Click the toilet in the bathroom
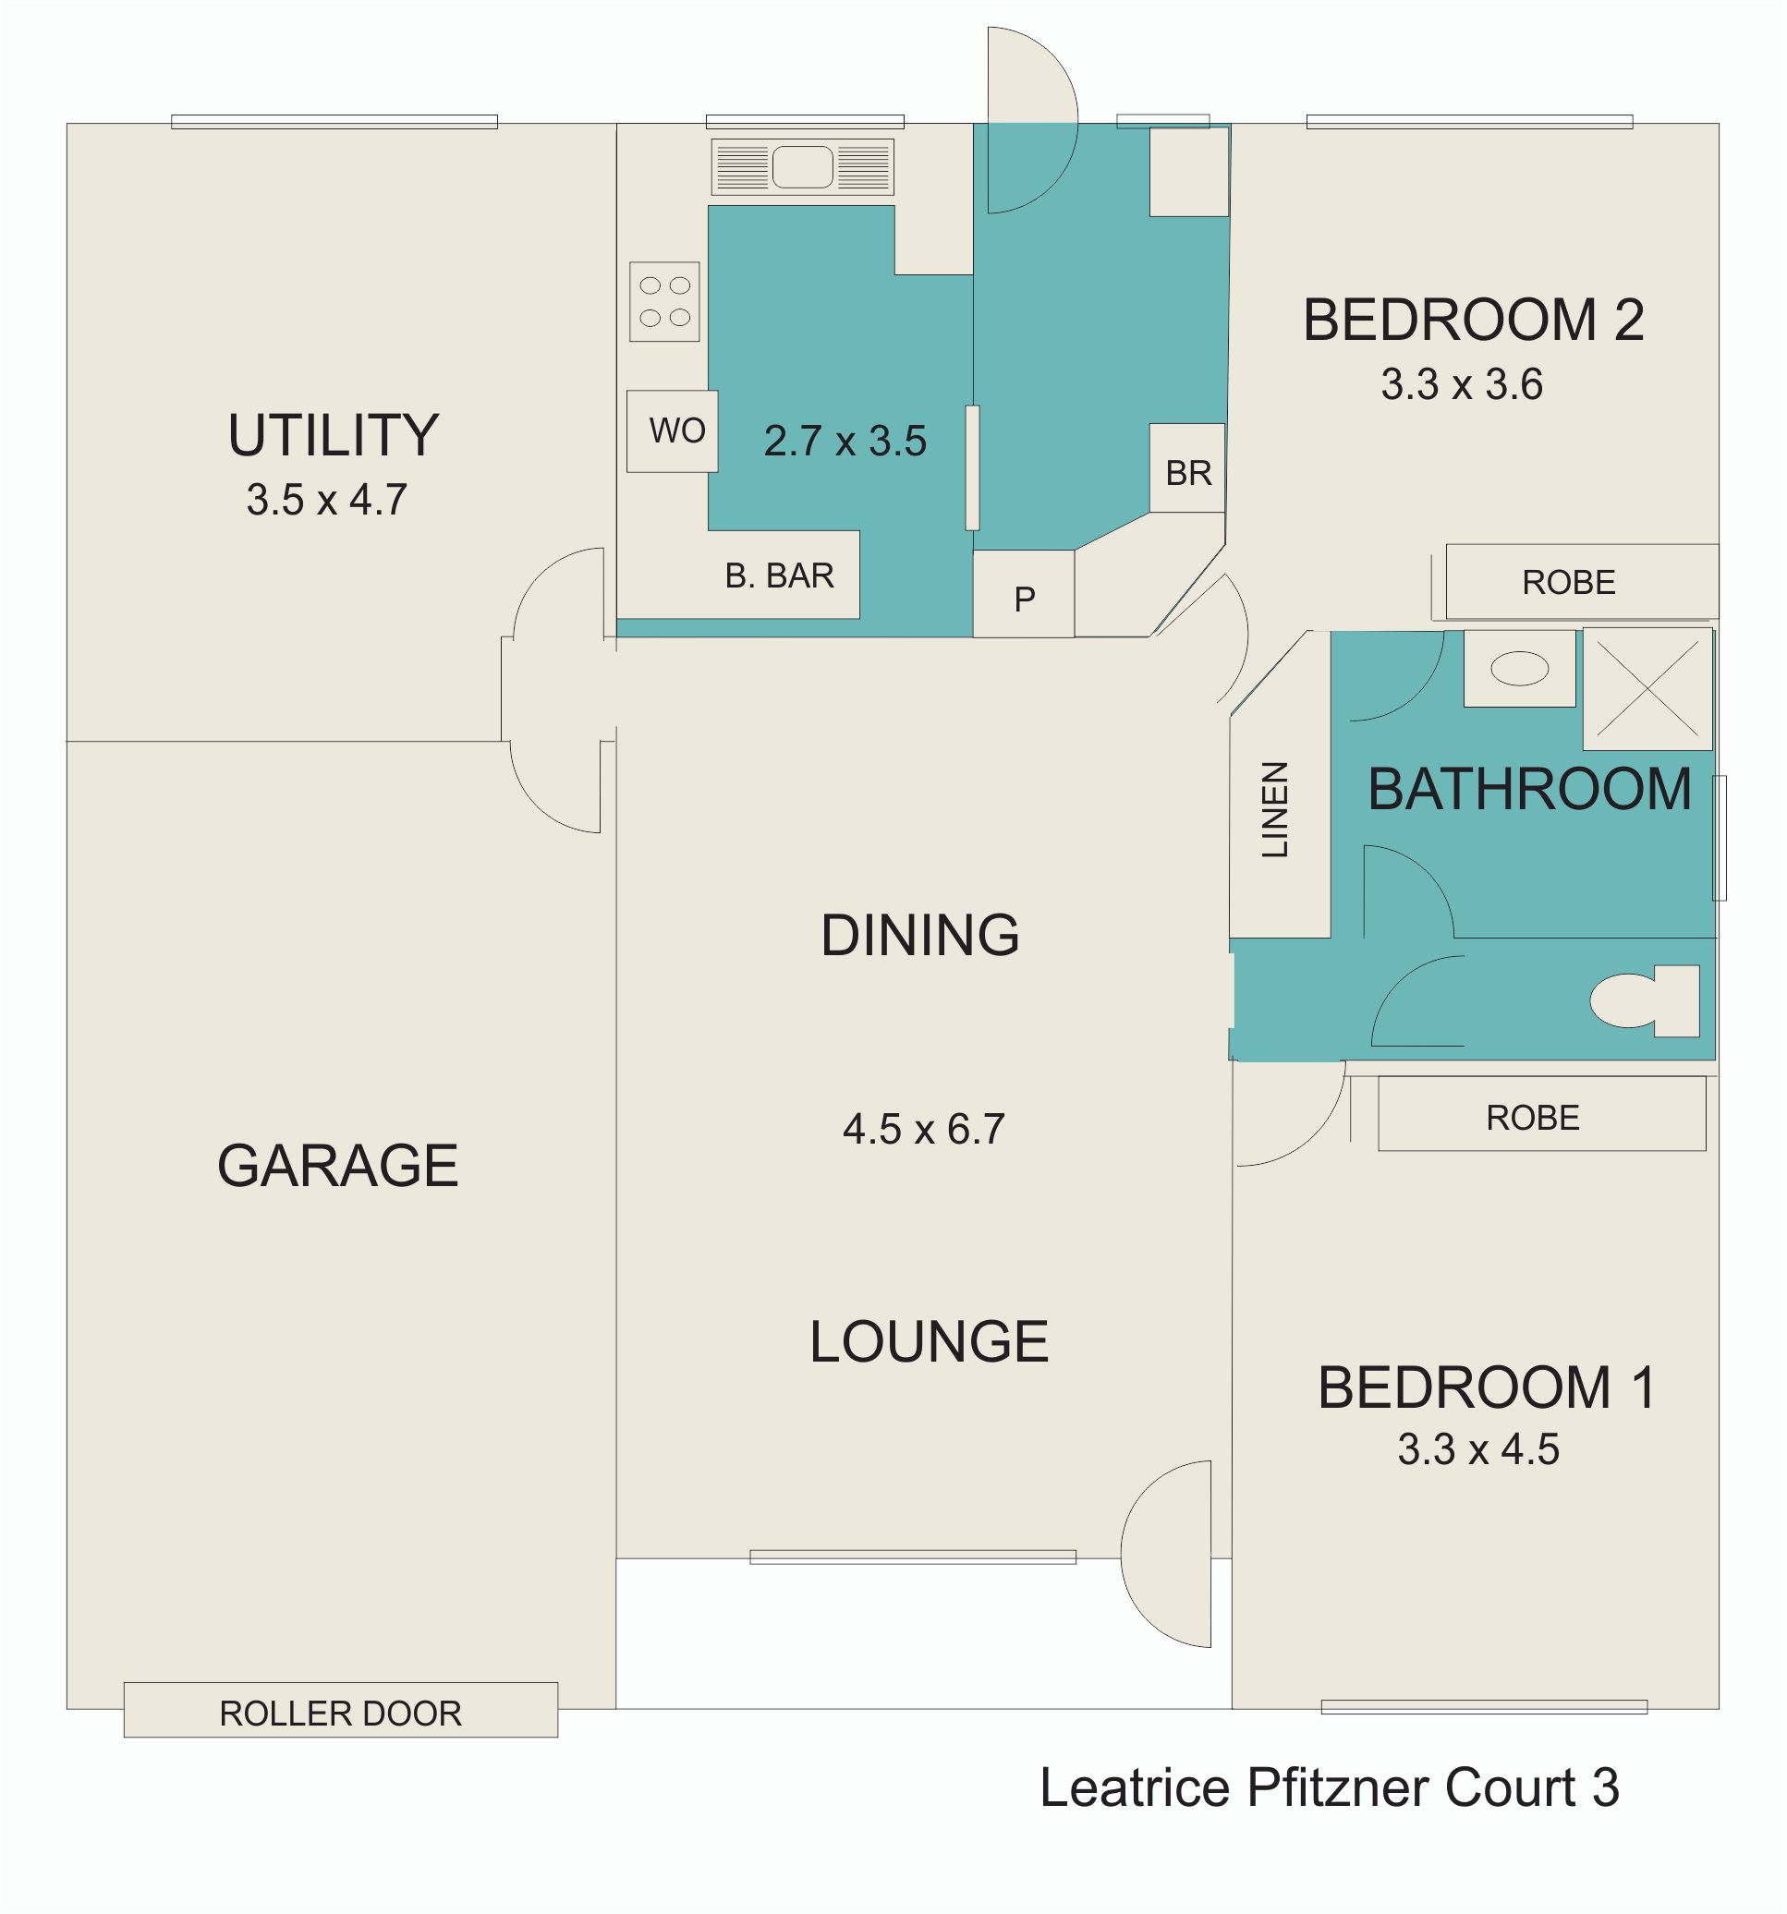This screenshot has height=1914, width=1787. [x=1645, y=1001]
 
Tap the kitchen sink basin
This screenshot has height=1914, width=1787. [x=802, y=167]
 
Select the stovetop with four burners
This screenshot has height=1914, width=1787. [x=664, y=301]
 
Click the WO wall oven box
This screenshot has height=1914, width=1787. [x=672, y=430]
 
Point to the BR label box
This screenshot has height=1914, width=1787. [x=1187, y=468]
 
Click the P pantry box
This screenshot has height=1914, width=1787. [x=1024, y=594]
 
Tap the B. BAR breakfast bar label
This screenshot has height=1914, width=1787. [x=779, y=575]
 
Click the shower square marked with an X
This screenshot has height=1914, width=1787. [x=1647, y=689]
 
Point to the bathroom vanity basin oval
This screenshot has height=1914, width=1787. [x=1519, y=668]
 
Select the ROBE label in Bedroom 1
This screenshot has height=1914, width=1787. [x=1533, y=1118]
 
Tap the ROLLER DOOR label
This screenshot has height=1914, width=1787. [x=341, y=1714]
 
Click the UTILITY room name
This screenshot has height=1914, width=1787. [x=334, y=435]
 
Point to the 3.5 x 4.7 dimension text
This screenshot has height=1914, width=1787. [x=326, y=500]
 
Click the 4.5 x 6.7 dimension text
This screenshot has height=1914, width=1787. [x=923, y=1130]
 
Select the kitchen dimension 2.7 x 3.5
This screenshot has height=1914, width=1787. [x=845, y=441]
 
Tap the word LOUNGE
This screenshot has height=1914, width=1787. [x=930, y=1341]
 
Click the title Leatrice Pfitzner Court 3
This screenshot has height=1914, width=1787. [x=1330, y=1787]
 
